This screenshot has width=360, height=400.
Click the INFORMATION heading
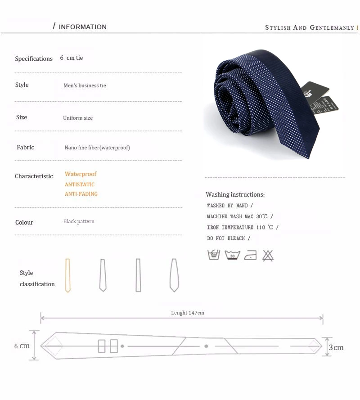[83, 27]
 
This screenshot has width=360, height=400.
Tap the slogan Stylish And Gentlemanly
[310, 27]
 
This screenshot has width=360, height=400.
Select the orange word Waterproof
[81, 174]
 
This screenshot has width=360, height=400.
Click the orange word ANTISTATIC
[80, 184]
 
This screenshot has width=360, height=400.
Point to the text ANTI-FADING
[81, 194]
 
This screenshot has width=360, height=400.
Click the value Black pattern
[79, 221]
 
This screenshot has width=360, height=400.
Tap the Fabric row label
[25, 148]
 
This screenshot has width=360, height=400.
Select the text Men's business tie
[85, 85]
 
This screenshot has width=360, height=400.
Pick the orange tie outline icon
[67, 275]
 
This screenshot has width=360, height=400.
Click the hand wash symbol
[214, 255]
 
